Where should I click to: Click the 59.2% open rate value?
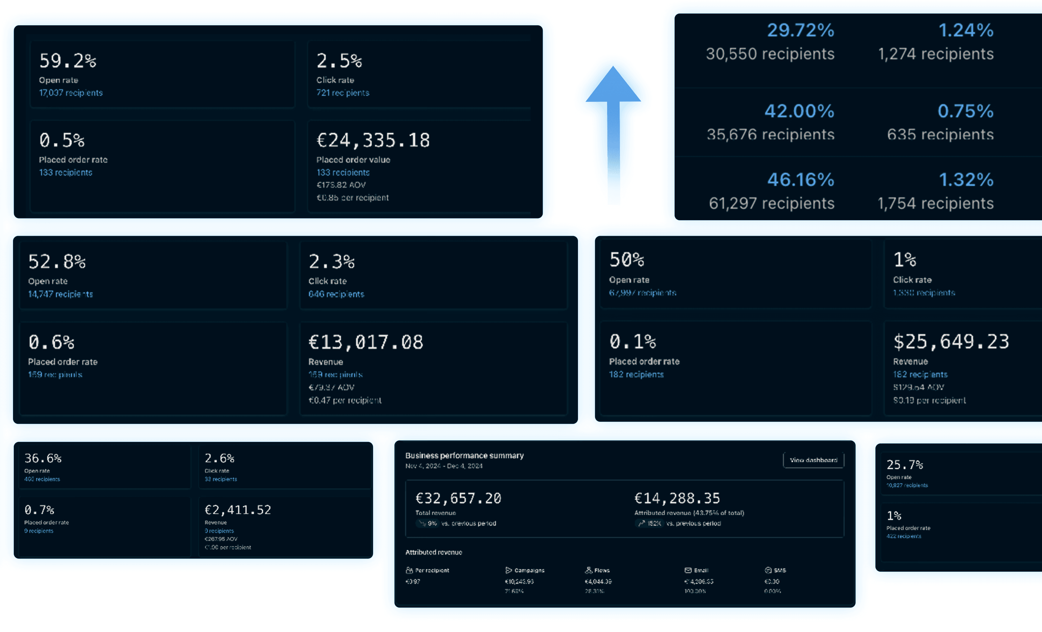68,61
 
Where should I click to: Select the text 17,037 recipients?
71,93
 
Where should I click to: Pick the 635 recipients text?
940,135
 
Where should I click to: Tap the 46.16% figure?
800,180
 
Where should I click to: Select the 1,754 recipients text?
935,203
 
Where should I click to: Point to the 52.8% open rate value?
57,262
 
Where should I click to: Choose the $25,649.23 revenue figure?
951,341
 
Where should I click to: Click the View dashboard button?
813,460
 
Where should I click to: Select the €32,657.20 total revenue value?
458,498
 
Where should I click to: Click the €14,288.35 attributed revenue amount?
677,498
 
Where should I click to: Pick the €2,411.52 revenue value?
238,510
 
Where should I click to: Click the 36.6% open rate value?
43,458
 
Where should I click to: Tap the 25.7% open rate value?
905,464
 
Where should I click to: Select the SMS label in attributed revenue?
779,570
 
